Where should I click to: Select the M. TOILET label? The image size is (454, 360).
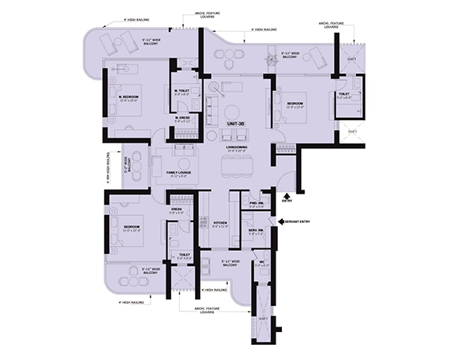(x=181, y=91)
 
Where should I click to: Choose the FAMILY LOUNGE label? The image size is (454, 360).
(x=177, y=173)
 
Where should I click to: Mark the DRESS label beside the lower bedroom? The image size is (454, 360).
(x=176, y=211)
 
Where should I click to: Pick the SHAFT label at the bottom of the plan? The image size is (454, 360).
(x=262, y=320)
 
